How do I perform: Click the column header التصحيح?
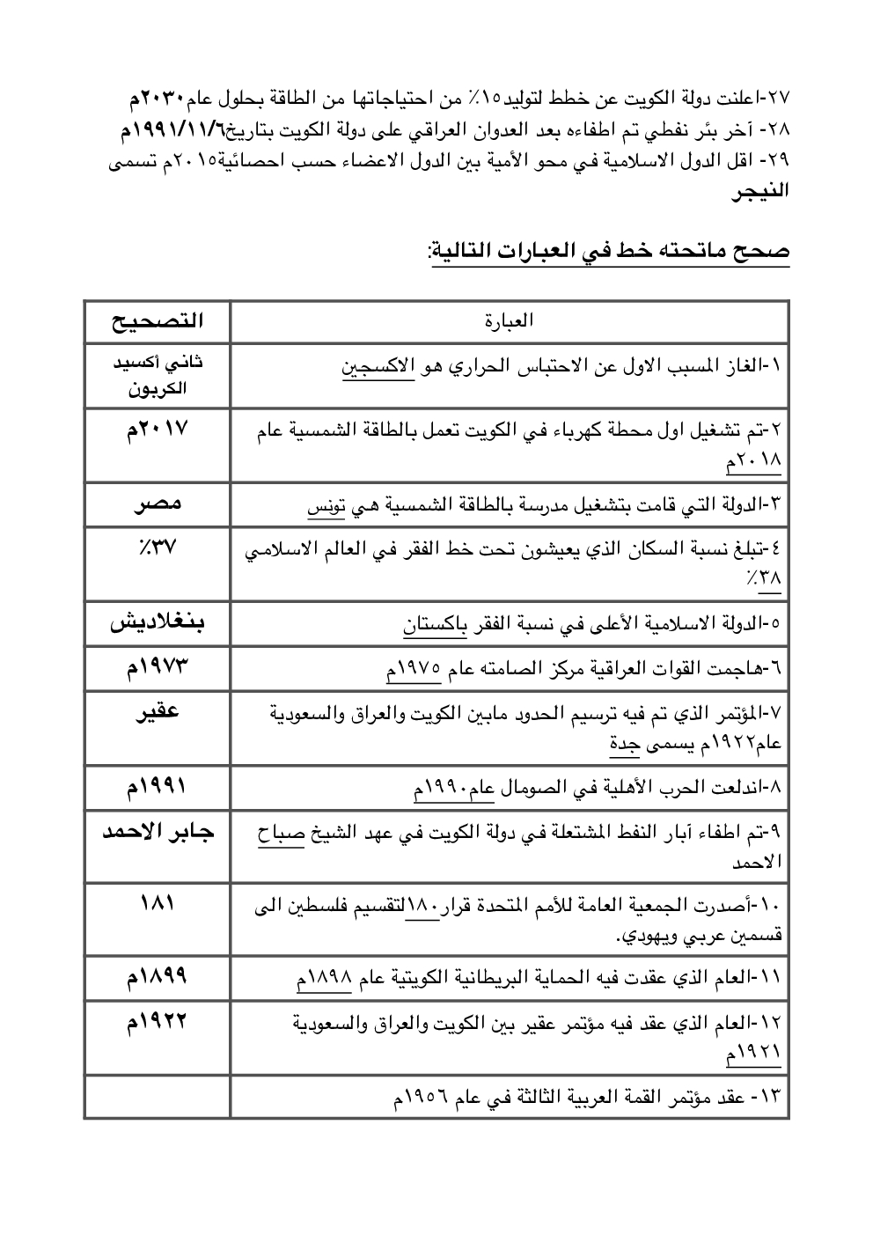pyautogui.click(x=158, y=321)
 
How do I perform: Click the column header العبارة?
pyautogui.click(x=510, y=321)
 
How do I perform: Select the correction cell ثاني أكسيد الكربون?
pyautogui.click(x=158, y=375)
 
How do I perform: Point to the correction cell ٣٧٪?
pyautogui.click(x=158, y=547)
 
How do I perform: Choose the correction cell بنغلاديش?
pyautogui.click(x=158, y=624)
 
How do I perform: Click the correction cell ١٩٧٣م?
pyautogui.click(x=158, y=668)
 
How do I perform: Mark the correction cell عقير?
pyautogui.click(x=158, y=711)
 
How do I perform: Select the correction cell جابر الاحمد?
pyautogui.click(x=158, y=832)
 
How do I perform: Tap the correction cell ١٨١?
pyautogui.click(x=158, y=903)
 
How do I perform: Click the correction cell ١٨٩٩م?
pyautogui.click(x=158, y=976)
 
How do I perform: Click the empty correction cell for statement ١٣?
pyautogui.click(x=158, y=1099)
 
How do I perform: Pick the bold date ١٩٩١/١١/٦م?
pyautogui.click(x=176, y=132)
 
